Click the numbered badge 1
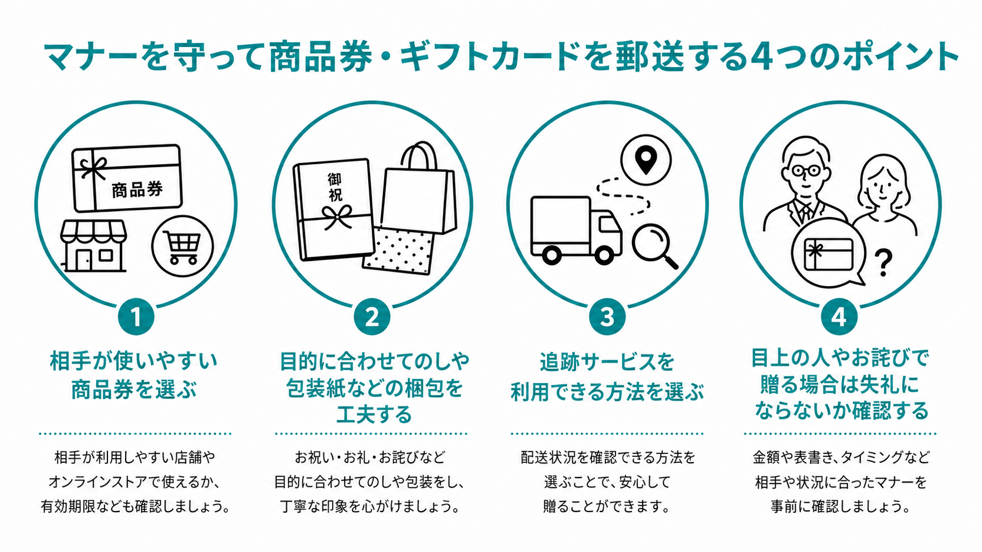[x=136, y=317]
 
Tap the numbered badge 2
[x=372, y=317]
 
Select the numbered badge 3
[x=607, y=317]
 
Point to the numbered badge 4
[x=839, y=317]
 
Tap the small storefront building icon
[x=94, y=245]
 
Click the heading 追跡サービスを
[x=607, y=361]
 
